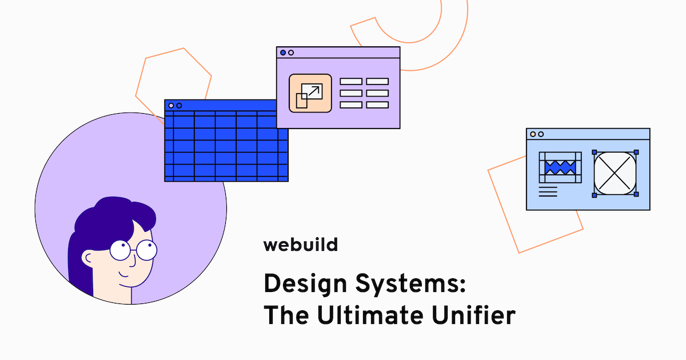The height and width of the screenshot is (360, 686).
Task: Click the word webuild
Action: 300,245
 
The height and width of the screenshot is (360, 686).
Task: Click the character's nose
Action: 131,260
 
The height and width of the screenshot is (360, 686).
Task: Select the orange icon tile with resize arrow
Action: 310,93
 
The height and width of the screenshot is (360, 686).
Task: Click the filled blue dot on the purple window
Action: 283,53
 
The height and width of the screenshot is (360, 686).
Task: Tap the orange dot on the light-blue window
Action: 533,134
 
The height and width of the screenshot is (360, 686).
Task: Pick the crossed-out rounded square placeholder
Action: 615,174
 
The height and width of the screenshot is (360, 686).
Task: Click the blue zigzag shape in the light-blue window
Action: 560,167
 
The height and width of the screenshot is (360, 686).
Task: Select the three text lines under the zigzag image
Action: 548,191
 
